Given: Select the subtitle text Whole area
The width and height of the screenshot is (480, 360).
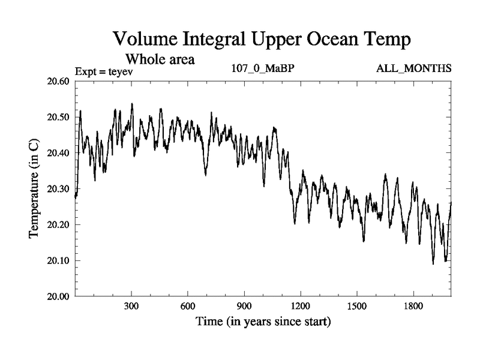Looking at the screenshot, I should click(160, 59).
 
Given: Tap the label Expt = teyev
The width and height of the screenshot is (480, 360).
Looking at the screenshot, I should click(103, 71).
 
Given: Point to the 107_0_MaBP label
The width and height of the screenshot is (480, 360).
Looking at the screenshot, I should click(263, 68).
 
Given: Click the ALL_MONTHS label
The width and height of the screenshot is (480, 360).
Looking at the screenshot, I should click(413, 68).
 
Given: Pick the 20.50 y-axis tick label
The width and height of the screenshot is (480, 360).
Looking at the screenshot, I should click(59, 117).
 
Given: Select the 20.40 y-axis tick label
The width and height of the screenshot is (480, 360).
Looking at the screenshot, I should click(59, 153).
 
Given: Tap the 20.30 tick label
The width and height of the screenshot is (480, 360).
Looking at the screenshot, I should click(59, 189).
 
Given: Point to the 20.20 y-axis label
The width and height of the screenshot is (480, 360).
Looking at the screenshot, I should click(59, 225).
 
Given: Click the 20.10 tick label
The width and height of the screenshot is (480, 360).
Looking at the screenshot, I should click(59, 261).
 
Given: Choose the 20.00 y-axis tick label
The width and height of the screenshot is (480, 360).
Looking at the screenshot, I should click(59, 296).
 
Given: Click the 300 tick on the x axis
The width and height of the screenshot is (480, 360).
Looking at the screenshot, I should click(131, 306).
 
